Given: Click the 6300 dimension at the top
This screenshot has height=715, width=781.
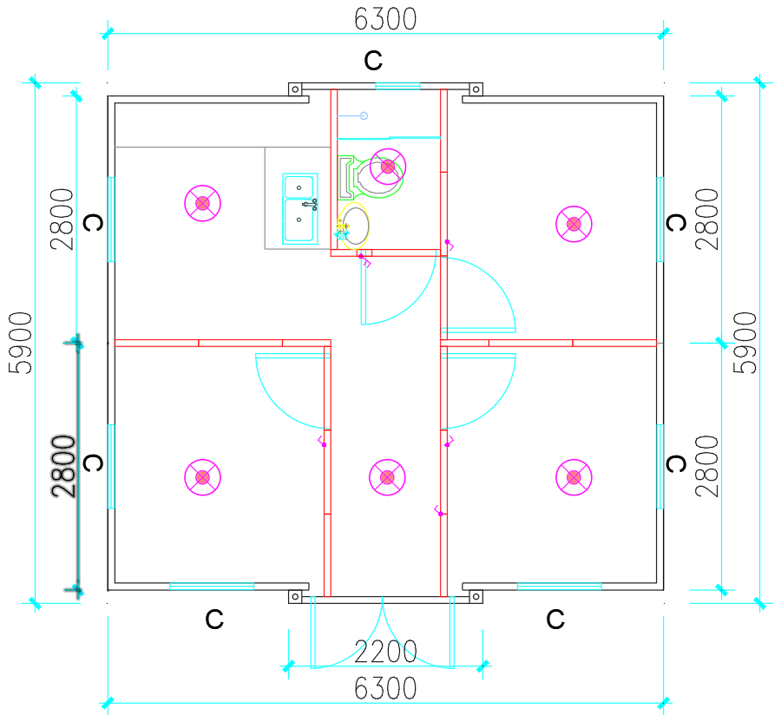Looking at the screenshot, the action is (385, 20).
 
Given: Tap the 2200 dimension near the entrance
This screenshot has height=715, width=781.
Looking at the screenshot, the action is (385, 652).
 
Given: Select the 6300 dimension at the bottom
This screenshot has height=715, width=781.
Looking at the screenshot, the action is (385, 689).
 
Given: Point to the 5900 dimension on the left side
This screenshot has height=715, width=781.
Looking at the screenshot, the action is (21, 343).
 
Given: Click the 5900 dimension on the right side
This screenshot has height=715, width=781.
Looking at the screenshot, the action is (745, 343).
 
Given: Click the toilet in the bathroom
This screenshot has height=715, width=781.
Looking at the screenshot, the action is (371, 177).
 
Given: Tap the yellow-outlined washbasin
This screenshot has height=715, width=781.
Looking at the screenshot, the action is (353, 226).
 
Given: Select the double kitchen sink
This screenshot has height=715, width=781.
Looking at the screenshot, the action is (300, 208).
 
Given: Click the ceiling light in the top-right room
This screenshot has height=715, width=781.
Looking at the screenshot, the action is (574, 224).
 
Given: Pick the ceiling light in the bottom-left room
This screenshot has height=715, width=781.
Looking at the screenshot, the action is (203, 477).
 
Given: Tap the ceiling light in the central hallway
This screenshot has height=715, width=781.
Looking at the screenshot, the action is (387, 477).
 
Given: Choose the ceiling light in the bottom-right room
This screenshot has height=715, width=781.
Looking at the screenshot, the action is (574, 477).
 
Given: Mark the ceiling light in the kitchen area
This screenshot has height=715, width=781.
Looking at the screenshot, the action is (203, 203).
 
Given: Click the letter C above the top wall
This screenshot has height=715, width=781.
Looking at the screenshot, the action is (373, 61).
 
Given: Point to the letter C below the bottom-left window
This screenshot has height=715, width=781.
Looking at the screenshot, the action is (214, 619).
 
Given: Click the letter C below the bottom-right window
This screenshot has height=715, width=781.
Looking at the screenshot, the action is (555, 619).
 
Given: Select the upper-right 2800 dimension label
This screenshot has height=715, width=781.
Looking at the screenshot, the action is (707, 219).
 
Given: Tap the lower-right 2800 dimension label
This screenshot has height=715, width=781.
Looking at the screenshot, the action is (707, 466).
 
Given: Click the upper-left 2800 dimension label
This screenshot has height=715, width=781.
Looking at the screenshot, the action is (62, 219).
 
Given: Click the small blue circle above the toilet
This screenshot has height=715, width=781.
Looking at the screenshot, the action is (364, 116).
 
